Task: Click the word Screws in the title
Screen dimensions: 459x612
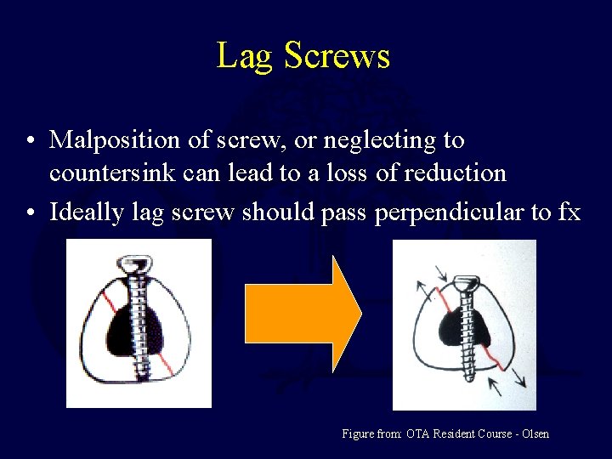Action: [x=337, y=56]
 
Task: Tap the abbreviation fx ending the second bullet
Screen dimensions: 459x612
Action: [x=569, y=212]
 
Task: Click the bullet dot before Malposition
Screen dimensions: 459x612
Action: [x=30, y=140]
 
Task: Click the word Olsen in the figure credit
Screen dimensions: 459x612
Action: [x=534, y=434]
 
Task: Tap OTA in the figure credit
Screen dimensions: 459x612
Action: [x=417, y=434]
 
